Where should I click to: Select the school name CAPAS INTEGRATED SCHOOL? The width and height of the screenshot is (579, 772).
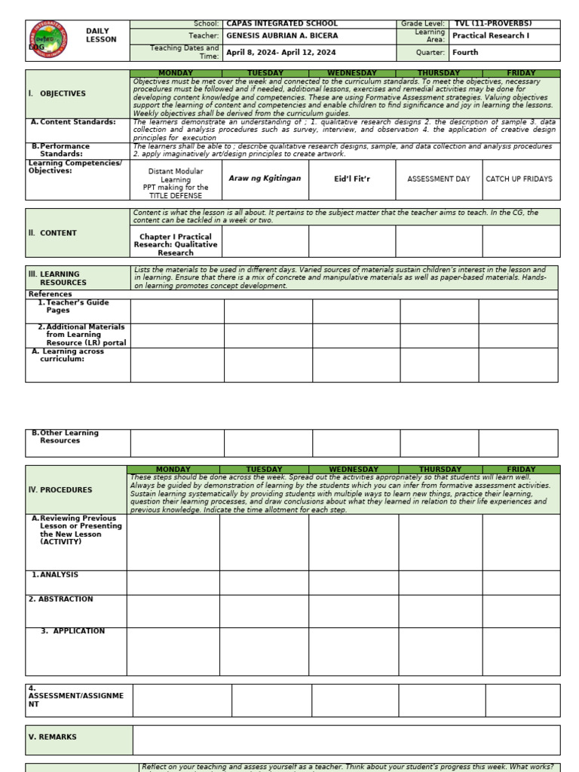[x=282, y=24]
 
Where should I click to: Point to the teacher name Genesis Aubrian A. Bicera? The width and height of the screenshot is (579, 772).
[x=282, y=35]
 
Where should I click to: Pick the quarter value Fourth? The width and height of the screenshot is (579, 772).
[x=465, y=53]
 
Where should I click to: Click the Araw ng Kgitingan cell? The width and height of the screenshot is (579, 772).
[x=265, y=179]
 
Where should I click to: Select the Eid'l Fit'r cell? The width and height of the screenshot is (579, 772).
[x=353, y=179]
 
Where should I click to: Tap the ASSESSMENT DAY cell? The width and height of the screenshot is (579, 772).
[x=438, y=179]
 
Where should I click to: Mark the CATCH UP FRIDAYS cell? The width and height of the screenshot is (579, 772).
[x=519, y=179]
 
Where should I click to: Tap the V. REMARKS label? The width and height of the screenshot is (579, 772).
[x=53, y=737]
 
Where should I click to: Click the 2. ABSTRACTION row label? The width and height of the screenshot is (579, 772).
[x=61, y=599]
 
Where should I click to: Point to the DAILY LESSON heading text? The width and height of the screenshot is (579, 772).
[x=101, y=35]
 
